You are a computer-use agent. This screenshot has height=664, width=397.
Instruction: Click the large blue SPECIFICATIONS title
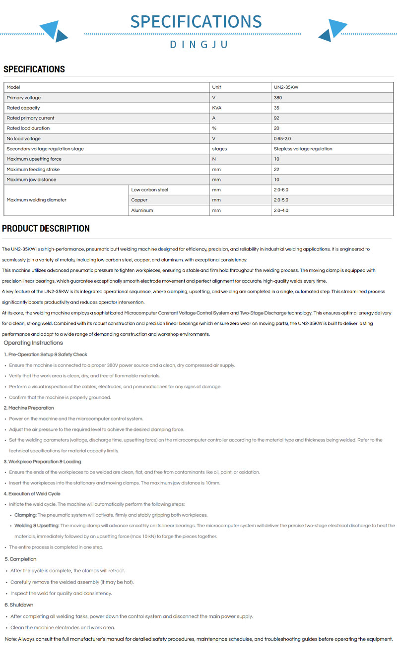point(196,22)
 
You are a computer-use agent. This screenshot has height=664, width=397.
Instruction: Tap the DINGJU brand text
point(198,45)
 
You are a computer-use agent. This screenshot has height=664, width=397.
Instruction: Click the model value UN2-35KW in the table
point(286,87)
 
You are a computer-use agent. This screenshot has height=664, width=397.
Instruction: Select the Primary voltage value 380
point(278,98)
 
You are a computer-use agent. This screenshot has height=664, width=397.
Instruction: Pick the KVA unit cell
point(217,108)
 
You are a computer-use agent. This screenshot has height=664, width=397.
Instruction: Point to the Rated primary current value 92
point(276,118)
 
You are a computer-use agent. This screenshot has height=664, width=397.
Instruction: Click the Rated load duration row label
point(28,128)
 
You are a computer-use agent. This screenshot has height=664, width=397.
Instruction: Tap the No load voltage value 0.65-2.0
point(282,139)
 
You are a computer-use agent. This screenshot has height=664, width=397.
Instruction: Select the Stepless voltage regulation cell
point(303,149)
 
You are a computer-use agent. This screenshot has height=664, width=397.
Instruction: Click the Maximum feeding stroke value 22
point(276,170)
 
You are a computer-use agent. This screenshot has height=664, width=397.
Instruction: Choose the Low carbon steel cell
point(146,190)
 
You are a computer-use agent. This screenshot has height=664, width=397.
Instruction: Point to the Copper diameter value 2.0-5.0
point(280,200)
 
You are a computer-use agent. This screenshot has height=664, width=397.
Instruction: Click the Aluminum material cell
point(142,211)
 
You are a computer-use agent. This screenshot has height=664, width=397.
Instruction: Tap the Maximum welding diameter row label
point(36,200)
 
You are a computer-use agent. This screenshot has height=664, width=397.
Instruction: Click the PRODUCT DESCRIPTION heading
point(46,229)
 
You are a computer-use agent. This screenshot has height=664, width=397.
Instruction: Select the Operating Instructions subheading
point(33,343)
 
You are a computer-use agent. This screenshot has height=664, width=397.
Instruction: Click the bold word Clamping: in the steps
point(26,515)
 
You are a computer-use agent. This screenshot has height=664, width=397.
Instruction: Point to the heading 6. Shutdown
point(19,605)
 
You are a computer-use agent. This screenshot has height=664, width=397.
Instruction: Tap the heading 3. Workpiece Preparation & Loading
point(42,462)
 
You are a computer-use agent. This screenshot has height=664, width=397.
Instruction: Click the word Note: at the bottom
point(11,639)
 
